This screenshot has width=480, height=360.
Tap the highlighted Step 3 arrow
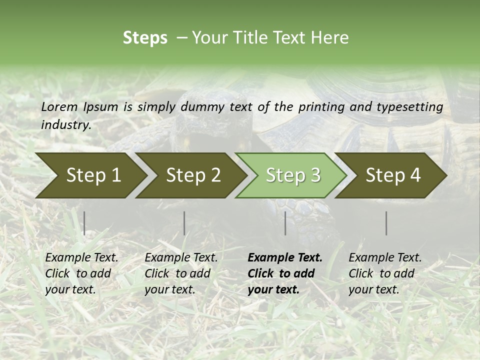click(293, 175)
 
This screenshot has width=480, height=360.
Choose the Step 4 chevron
click(393, 175)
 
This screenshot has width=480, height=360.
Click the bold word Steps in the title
click(145, 38)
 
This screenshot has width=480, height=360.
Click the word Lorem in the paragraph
click(59, 107)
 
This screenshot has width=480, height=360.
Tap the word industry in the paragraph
click(65, 124)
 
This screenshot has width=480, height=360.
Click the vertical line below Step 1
click(84, 223)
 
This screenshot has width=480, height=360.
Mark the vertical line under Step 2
click(184, 223)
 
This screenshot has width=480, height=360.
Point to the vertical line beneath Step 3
click(285, 223)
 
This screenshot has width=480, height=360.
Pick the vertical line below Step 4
click(386, 223)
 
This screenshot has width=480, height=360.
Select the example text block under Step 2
click(180, 273)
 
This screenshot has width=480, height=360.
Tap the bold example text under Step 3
click(284, 273)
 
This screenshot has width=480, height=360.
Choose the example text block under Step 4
click(384, 273)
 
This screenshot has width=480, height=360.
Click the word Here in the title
click(329, 38)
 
